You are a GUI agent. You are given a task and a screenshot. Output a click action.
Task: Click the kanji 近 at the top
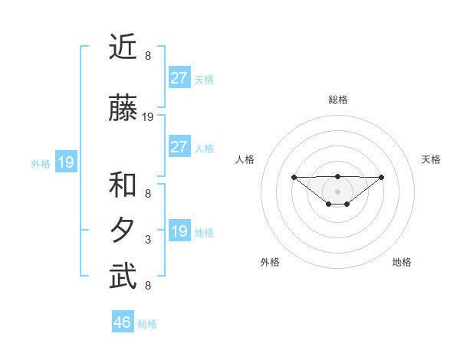point(123,48)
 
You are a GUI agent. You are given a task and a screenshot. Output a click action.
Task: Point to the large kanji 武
point(123,277)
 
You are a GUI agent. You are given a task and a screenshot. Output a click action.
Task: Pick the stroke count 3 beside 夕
point(148,240)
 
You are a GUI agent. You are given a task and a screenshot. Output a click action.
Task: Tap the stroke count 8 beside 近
point(148,56)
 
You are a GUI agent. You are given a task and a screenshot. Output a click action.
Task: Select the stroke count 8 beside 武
point(148,286)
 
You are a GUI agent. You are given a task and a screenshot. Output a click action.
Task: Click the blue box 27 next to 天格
point(179,78)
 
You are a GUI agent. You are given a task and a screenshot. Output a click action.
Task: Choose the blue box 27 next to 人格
point(179,147)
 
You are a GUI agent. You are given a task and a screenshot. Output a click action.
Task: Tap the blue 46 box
point(122,322)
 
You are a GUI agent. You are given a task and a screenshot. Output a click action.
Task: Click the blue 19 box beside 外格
point(65,162)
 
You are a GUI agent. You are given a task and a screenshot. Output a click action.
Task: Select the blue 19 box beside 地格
point(179,231)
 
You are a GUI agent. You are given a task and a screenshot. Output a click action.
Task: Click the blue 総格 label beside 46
point(147,324)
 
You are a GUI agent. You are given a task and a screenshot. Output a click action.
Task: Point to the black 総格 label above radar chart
point(337,100)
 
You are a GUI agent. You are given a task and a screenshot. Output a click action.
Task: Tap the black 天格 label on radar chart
point(431,159)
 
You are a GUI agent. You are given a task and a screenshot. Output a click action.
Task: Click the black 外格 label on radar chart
point(270,262)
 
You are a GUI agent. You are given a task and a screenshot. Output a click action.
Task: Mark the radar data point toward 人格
point(294,177)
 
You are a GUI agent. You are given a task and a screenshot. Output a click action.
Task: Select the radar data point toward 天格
point(382,177)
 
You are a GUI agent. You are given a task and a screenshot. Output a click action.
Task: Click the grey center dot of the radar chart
point(337,191)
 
